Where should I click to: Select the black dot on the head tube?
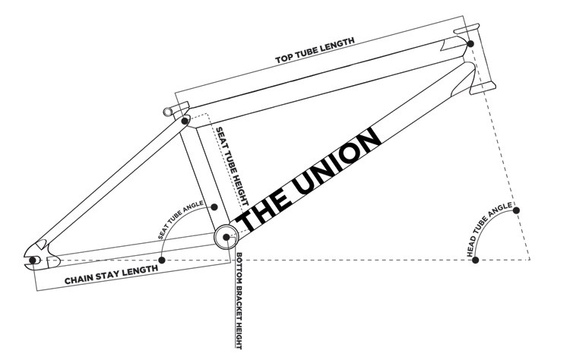pos(472,44)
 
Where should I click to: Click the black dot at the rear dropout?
pos(33,261)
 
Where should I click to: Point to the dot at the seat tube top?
pos(186,120)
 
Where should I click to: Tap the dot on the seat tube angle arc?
pos(215,207)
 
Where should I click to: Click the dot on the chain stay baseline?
pos(162,261)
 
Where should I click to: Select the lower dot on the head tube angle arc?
pos(476,261)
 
